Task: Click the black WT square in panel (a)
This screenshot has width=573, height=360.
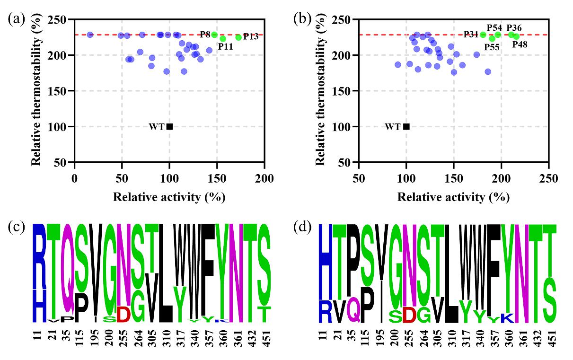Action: [169, 126]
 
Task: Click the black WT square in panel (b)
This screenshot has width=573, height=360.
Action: [406, 126]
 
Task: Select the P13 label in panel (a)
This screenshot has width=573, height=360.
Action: [251, 36]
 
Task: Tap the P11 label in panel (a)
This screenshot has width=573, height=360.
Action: [225, 47]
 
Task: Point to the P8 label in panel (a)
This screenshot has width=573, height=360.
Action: [205, 35]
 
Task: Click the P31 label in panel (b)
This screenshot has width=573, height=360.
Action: [471, 35]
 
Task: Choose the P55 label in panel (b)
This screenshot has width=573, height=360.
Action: [492, 47]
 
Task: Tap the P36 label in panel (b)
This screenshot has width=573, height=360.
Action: [514, 28]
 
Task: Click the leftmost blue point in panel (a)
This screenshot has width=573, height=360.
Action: [90, 35]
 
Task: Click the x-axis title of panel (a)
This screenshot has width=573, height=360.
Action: [169, 197]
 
